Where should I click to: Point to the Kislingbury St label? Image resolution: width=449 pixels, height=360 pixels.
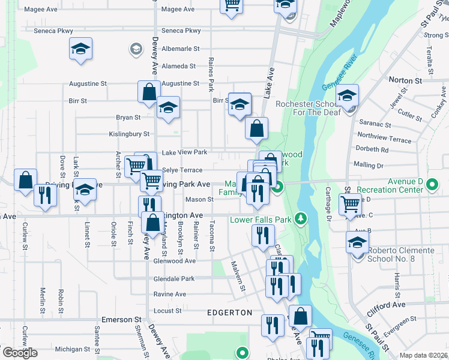(129, 134)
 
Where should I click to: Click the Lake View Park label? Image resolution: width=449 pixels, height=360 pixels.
(184, 152)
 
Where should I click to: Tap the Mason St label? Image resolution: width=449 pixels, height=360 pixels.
(199, 199)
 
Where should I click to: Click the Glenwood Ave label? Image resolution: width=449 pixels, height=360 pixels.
(174, 261)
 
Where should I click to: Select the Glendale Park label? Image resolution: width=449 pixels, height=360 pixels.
(174, 279)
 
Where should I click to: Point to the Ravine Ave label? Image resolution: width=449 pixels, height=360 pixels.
(169, 295)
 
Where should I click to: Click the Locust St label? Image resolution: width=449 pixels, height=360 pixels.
(167, 311)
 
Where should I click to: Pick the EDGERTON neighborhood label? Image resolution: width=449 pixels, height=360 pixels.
(229, 313)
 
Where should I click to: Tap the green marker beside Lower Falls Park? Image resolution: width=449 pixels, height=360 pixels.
(304, 218)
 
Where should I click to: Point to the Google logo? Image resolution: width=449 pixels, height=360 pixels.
(20, 352)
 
